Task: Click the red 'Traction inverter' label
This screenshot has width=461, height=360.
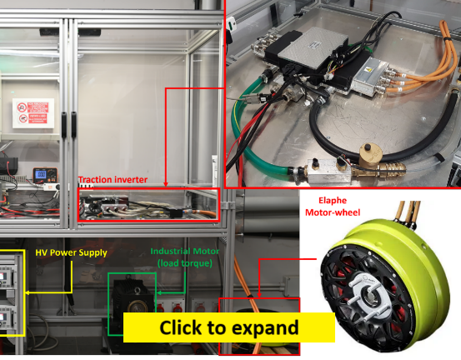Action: [x=113, y=179]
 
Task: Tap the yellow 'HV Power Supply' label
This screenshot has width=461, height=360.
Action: [x=71, y=252]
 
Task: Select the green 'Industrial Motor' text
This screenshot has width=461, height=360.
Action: [x=184, y=252]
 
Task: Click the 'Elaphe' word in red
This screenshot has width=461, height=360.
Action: [x=333, y=201]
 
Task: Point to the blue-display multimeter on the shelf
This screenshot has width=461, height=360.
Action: [x=45, y=176]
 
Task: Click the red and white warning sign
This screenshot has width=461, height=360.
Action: [x=33, y=113]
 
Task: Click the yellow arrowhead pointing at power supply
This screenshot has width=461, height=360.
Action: [x=27, y=292]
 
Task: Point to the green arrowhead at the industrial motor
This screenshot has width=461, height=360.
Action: [x=158, y=292]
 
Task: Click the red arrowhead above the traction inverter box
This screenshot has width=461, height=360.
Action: [x=166, y=184]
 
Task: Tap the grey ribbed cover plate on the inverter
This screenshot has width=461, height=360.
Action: [x=312, y=47]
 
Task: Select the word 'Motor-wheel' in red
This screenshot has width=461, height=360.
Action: [x=333, y=212]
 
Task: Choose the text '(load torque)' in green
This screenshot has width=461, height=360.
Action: [x=184, y=263]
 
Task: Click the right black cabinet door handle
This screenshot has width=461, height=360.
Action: [x=73, y=124]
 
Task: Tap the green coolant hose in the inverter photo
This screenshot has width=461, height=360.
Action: [x=250, y=138]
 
